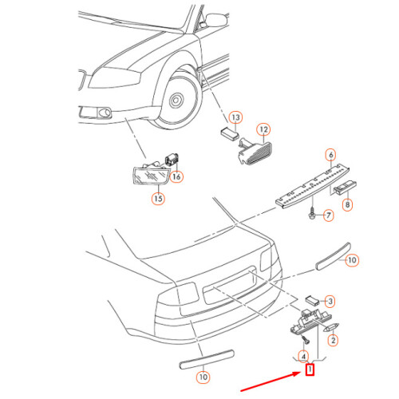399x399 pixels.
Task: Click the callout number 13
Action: tap(235, 117)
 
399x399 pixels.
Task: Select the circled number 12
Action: tap(263, 129)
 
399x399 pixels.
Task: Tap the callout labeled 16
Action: tap(176, 176)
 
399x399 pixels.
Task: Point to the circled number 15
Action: tap(158, 199)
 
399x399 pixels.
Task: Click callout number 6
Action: tap(331, 155)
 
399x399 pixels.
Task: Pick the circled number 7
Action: tap(329, 215)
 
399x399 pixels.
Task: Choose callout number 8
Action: tap(347, 205)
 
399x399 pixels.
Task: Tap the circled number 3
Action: tap(330, 302)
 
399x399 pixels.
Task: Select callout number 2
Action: tap(333, 340)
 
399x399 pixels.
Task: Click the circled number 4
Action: tap(303, 356)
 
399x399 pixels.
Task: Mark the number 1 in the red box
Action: tap(310, 369)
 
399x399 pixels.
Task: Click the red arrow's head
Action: tap(301, 373)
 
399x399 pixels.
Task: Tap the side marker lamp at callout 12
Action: tap(255, 152)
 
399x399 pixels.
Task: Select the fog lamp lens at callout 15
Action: tap(151, 175)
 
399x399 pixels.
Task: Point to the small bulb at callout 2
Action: tap(331, 327)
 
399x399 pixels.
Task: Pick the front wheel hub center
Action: tap(176, 101)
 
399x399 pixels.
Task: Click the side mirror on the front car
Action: tap(216, 20)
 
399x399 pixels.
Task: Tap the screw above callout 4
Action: tap(306, 339)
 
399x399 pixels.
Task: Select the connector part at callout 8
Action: tap(345, 187)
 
